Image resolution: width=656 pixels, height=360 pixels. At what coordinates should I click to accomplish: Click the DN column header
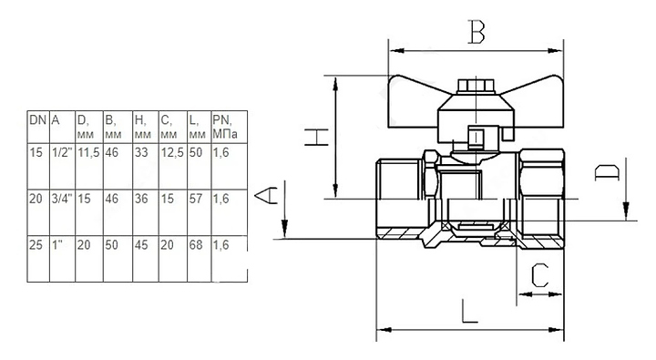pyautogui.click(x=37, y=120)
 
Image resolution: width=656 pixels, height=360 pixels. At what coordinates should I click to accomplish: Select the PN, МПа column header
pyautogui.click(x=225, y=127)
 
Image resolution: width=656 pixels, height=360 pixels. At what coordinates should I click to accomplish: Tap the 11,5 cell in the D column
pyautogui.click(x=88, y=152)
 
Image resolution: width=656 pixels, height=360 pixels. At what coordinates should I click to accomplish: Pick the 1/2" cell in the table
pyautogui.click(x=62, y=152)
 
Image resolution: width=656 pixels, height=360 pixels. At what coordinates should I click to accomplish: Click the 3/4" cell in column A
pyautogui.click(x=62, y=199)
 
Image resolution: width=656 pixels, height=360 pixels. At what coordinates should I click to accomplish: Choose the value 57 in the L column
pyautogui.click(x=195, y=199)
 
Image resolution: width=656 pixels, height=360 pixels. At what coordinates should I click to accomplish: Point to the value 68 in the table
pyautogui.click(x=195, y=244)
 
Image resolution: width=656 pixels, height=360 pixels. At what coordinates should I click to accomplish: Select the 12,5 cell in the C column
pyautogui.click(x=172, y=152)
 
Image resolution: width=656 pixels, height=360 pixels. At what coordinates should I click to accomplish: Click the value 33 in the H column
pyautogui.click(x=141, y=152)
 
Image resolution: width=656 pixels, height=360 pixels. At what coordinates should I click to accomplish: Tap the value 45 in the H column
pyautogui.click(x=141, y=244)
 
